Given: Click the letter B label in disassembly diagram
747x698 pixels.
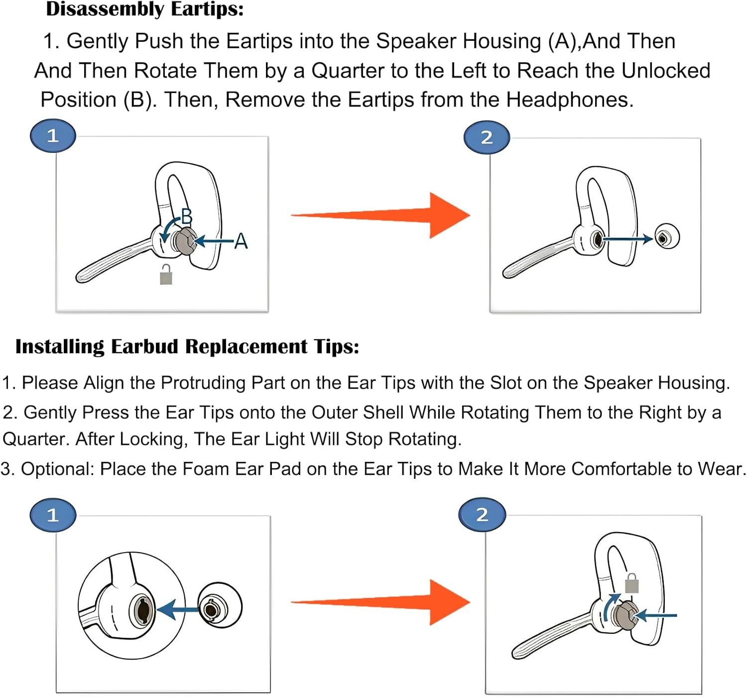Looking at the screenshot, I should click(187, 216).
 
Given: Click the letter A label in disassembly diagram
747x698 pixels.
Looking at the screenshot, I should click(241, 242).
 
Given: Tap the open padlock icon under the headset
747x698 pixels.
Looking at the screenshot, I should click(166, 275).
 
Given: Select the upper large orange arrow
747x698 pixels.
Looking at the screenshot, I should click(381, 215).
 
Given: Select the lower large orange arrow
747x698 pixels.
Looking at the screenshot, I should click(381, 602).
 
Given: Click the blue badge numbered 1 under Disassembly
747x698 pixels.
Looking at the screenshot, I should click(53, 136).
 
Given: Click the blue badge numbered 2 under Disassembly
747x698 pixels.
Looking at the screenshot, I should click(487, 137).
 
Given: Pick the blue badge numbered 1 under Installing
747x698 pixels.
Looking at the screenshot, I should click(53, 515).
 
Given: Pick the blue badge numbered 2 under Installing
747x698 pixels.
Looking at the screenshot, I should click(482, 514).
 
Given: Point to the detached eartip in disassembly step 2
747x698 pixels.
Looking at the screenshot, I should click(666, 237).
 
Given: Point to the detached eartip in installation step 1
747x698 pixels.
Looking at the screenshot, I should click(220, 608).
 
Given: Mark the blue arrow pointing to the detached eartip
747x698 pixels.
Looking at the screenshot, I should click(627, 239).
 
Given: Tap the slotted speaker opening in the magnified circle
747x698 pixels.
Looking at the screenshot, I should click(142, 609).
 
